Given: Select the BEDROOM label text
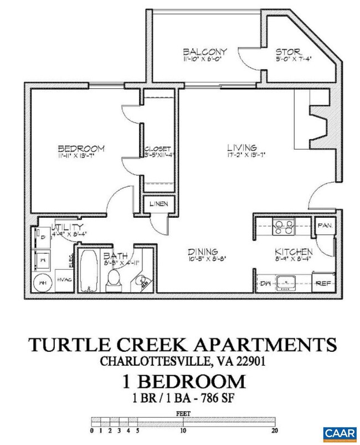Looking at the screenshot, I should pyautogui.click(x=81, y=149).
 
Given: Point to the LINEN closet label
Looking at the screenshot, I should pyautogui.click(x=158, y=204).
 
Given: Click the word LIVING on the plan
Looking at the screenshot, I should pyautogui.click(x=242, y=148).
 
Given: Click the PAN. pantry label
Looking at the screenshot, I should pyautogui.click(x=323, y=226).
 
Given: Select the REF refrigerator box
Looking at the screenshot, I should pyautogui.click(x=323, y=282).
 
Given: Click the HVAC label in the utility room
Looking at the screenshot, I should pyautogui.click(x=64, y=280).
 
